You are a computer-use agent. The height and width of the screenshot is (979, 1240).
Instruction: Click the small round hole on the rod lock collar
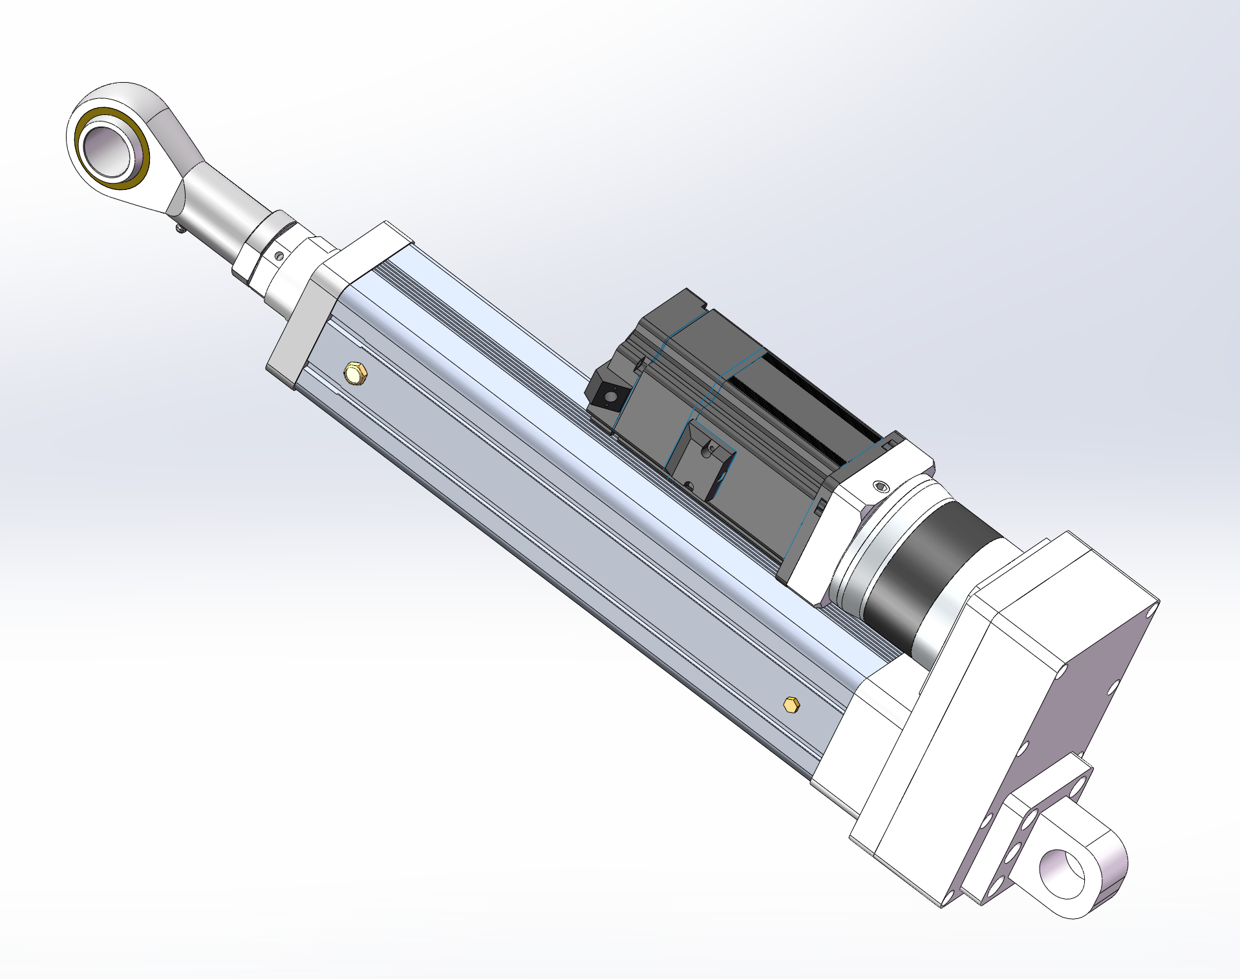pyautogui.click(x=279, y=256)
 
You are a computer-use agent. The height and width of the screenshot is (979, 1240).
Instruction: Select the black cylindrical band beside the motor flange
pyautogui.click(x=918, y=582)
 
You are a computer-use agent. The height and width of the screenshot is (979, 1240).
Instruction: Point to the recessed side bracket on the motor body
pyautogui.click(x=701, y=462)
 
